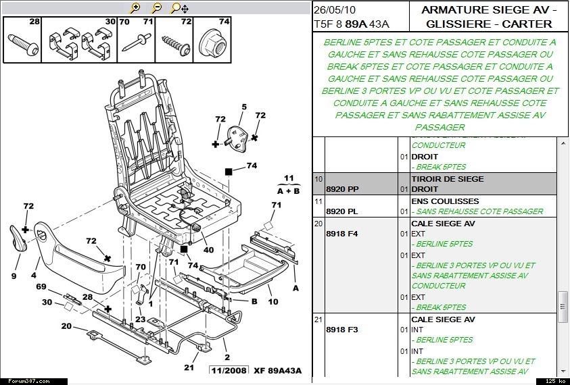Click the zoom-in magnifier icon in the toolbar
tap(135, 8)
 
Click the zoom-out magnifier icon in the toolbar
tap(157, 8)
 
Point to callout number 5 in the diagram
tap(244, 107)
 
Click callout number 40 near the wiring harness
tap(208, 250)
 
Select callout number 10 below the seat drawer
tap(273, 301)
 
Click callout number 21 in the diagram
tap(189, 367)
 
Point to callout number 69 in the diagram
tap(42, 287)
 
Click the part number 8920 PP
tap(342, 189)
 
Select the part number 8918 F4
tap(341, 233)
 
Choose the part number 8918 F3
tap(341, 330)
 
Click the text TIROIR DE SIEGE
tap(447, 179)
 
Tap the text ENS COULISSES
tap(444, 201)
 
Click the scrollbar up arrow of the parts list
tap(563, 143)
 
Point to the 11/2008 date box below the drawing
tap(229, 370)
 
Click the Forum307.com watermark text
tap(26, 381)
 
